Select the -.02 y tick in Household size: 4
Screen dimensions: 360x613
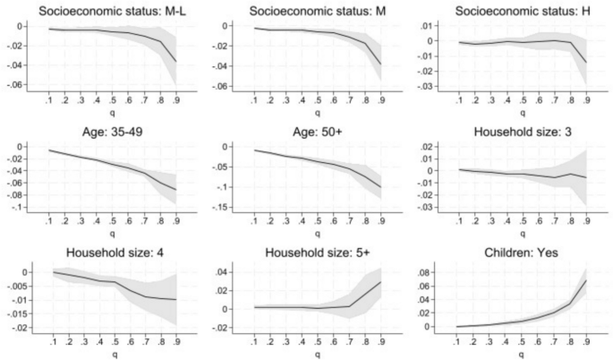coord(20,329)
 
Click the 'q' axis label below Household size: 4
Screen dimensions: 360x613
coord(111,355)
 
